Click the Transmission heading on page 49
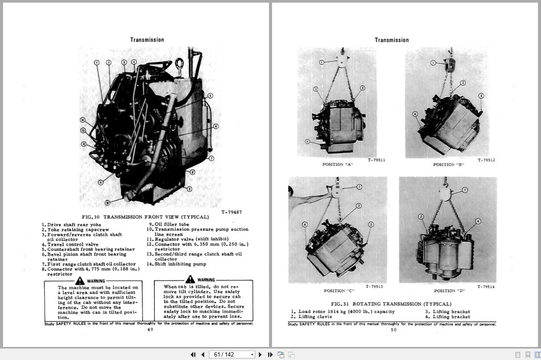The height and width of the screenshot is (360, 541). pos(147,40)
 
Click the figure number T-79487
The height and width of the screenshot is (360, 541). pos(231,212)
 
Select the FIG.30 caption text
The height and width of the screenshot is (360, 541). pos(145,217)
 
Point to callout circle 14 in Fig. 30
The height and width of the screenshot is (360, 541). pos(83,120)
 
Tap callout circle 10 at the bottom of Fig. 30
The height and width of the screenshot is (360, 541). pos(107,202)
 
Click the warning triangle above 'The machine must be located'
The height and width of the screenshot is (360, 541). pos(80,281)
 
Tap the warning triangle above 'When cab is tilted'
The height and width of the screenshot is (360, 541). pos(190,280)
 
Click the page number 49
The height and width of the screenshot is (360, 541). pos(150,330)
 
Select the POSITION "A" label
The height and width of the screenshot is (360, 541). pos(337,164)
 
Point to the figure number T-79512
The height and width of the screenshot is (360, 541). pos(486,160)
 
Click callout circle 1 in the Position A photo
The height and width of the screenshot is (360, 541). pos(322,63)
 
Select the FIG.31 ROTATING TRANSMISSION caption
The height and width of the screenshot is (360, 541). pos(391,304)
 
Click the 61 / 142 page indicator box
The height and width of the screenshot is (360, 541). pos(232,355)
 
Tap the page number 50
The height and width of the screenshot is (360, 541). pos(394,330)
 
